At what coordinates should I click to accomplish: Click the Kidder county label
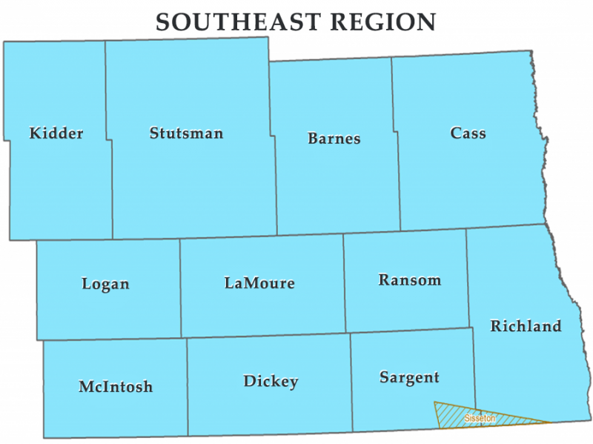(x=56, y=133)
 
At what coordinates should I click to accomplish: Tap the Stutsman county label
(x=186, y=133)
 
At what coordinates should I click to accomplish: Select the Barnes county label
(x=334, y=138)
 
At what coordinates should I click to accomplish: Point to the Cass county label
(x=468, y=133)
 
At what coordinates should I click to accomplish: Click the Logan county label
(x=105, y=284)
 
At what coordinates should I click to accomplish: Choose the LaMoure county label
(x=259, y=283)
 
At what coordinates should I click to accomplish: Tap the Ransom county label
(x=409, y=280)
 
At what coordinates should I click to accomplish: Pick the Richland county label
(x=526, y=326)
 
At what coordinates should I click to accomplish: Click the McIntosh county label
(x=116, y=387)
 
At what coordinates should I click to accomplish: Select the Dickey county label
(x=271, y=382)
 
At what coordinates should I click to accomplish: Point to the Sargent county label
(x=409, y=377)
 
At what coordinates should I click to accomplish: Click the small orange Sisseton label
(x=480, y=419)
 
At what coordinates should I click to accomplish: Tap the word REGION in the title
(x=384, y=22)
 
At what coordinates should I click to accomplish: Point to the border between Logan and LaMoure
(x=181, y=289)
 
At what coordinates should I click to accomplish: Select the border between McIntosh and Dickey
(x=187, y=385)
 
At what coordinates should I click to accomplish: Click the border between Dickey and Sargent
(x=351, y=382)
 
